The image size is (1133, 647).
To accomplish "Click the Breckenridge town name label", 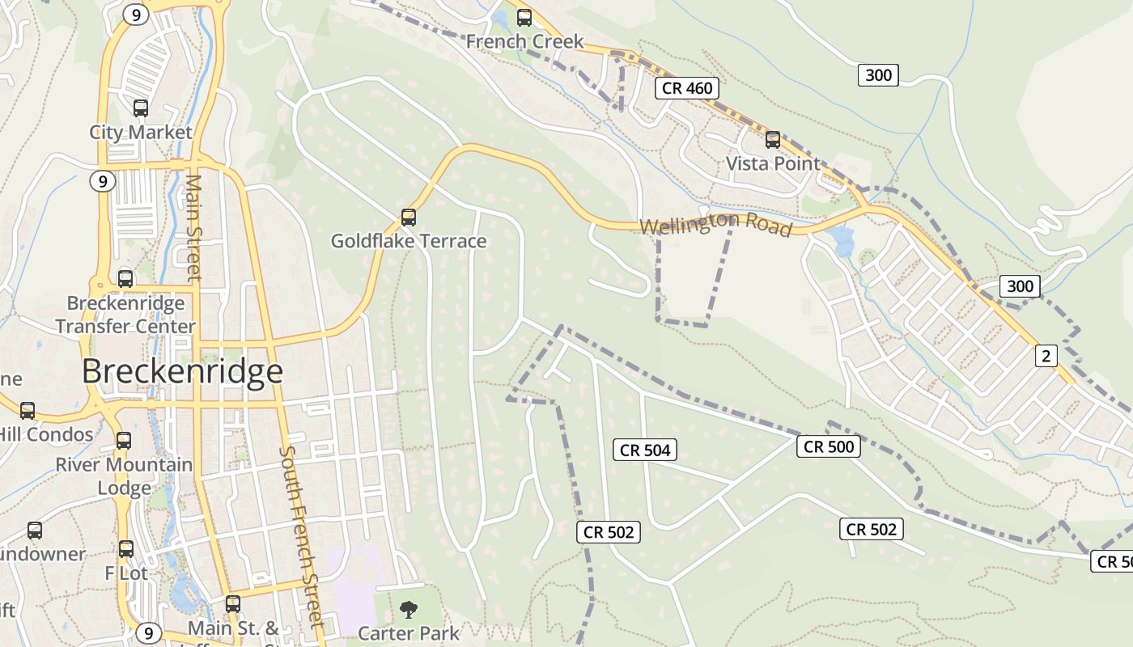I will pos(182,371).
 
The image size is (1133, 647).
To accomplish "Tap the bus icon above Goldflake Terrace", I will pos(409,217).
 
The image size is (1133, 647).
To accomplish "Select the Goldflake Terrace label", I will pos(409,241).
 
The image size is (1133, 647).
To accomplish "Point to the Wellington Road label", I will pos(715,224).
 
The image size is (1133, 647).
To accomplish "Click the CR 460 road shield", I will pos(687,88).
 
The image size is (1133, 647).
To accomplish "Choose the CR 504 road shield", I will pos(646,450).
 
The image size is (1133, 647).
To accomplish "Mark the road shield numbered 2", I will pos(1046,355).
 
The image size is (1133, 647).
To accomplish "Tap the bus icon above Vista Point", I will pos(773,139).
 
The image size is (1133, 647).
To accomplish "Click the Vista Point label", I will pos(773,163).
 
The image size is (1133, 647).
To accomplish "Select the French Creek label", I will pos(524,41).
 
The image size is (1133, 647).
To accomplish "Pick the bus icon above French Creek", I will pos(524,17).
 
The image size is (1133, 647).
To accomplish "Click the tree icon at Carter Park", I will pos(409,609).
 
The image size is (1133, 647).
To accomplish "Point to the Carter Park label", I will pos(409,632).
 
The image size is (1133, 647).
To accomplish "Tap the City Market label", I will pos(141,132).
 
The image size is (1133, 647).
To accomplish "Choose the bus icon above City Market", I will pos(141,108).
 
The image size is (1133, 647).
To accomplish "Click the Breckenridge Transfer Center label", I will pos(125,315).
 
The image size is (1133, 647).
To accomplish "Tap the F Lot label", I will pos(126,573).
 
